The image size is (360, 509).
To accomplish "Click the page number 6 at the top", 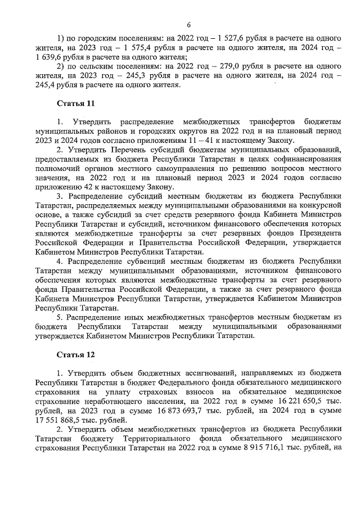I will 189,25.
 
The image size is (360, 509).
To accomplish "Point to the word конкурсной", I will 316,204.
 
